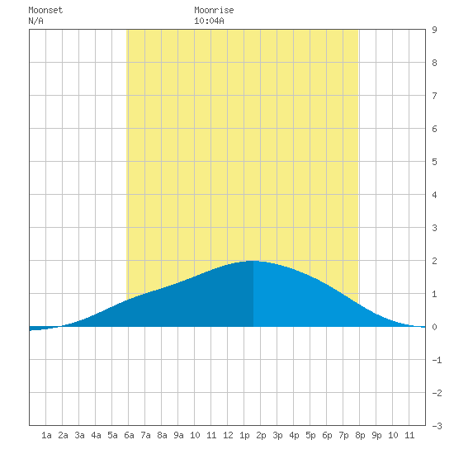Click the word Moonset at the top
45,10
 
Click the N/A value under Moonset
35,21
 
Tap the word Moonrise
214,10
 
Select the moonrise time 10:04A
209,21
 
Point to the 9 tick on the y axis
434,30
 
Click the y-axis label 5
434,162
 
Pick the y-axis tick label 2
434,261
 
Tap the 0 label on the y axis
434,327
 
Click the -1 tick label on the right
437,360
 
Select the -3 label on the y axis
437,426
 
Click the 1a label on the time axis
46,435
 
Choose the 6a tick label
129,435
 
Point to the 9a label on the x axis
178,435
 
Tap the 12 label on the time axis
228,435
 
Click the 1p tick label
244,435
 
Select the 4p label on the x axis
294,435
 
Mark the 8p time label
360,435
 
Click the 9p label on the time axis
376,435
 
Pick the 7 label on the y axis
434,96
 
